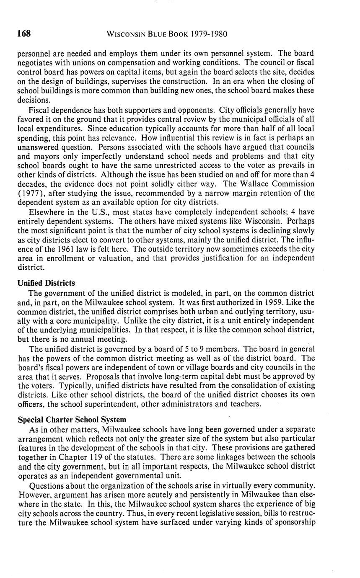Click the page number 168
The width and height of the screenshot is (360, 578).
pyautogui.click(x=24, y=34)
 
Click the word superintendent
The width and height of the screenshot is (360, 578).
pyautogui.click(x=142, y=404)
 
